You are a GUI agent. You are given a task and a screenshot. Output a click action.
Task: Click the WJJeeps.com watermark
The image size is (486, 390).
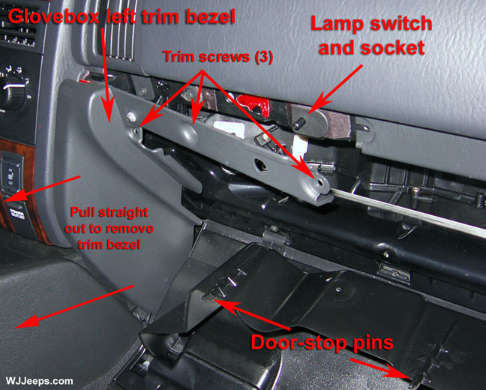(x=39, y=381)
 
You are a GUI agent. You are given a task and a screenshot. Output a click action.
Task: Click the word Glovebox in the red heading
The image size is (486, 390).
(x=53, y=16)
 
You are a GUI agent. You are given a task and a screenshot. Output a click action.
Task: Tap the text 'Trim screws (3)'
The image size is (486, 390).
(x=217, y=57)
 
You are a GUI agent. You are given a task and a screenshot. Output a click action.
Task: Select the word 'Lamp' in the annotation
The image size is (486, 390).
(x=336, y=25)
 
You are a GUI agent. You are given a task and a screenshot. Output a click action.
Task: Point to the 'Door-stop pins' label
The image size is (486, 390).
(x=322, y=343)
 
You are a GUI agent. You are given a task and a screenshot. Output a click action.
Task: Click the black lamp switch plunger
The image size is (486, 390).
(x=299, y=124)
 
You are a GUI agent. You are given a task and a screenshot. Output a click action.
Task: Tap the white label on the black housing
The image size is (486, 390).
(x=229, y=128)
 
